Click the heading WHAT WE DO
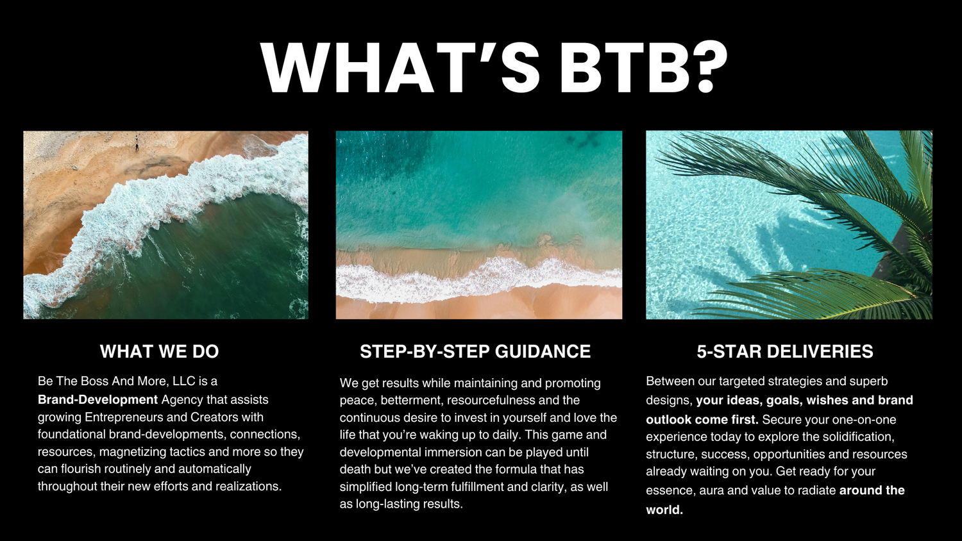pos(159,351)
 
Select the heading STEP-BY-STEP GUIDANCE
pos(475,351)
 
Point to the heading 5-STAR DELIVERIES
pos(784,351)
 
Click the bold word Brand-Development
pos(97,400)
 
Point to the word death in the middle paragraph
pos(355,469)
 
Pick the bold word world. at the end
pos(664,510)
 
